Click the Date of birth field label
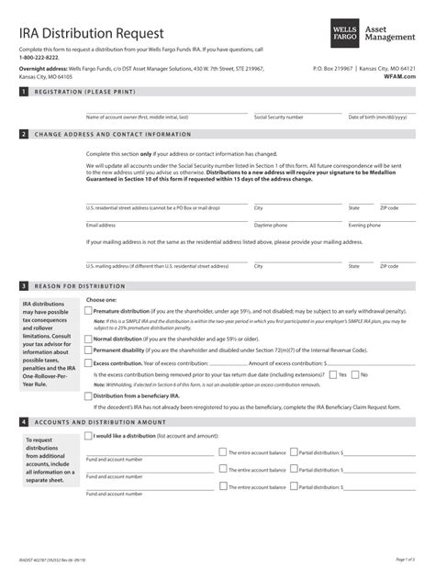point(372,117)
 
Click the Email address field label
point(101,225)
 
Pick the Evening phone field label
point(364,225)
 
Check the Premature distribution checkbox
point(89,311)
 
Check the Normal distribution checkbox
point(89,339)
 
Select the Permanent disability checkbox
point(89,350)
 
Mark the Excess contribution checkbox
point(89,362)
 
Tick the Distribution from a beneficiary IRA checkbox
point(89,395)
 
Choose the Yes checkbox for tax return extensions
point(331,374)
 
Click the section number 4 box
point(23,421)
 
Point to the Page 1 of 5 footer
point(406,560)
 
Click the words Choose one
point(101,300)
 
